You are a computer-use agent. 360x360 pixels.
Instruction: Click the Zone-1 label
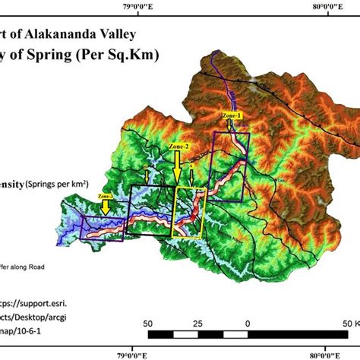(x=232, y=115)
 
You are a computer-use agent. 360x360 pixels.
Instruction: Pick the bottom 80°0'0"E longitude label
(x=332, y=353)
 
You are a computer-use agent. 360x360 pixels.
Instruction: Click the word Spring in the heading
(x=50, y=55)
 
